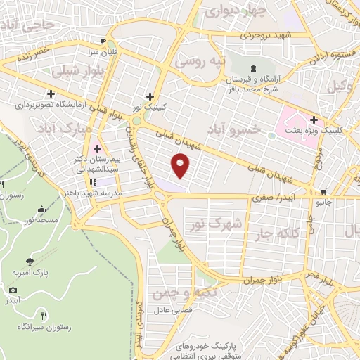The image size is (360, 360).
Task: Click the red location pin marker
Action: coord(181,166)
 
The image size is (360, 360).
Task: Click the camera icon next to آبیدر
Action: coord(13,290)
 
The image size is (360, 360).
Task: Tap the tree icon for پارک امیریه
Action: coord(29,260)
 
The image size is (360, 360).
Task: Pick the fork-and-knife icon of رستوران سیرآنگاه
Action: coord(44,316)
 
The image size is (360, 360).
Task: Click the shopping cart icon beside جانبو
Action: coord(323,191)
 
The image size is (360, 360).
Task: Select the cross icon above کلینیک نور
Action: coord(149,96)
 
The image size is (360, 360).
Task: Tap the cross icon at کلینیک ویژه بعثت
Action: coord(314,120)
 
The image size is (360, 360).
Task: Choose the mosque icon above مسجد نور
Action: coord(42,210)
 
